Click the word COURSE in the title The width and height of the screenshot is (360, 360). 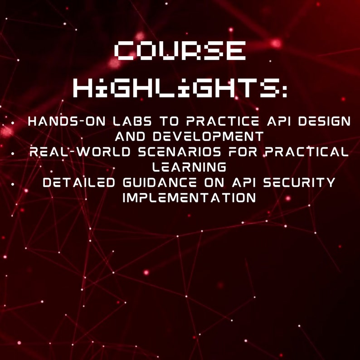(180, 51)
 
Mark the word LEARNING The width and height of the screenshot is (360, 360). (189, 167)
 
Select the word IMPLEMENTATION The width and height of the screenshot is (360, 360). (189, 198)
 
